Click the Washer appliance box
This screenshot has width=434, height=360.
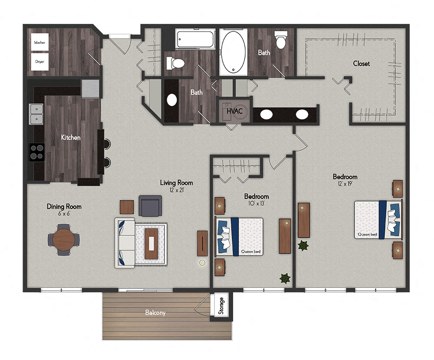point(40,43)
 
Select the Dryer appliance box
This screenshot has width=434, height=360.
point(40,62)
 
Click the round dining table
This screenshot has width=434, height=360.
point(64,238)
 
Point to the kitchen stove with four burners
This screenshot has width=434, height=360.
point(37,152)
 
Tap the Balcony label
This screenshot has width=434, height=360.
point(155,312)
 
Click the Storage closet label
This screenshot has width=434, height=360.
point(221,306)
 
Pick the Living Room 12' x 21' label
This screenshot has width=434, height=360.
point(176,186)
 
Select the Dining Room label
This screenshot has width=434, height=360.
point(64,210)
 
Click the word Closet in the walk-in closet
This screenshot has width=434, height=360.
point(361,63)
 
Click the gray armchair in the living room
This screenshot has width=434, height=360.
point(150,205)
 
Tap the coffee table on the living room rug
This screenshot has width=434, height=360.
point(151,243)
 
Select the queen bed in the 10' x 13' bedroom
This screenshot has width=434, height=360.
point(240,236)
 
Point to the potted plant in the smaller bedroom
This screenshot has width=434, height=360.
point(285,278)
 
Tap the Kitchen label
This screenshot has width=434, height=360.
point(70,137)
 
